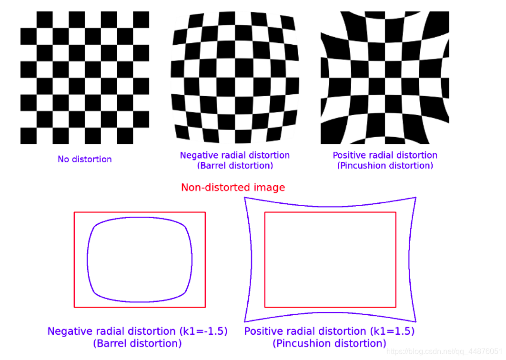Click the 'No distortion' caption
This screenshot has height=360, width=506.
tap(85, 159)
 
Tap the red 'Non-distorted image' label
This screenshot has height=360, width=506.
tap(233, 187)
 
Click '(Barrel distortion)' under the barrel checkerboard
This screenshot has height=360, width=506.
tap(235, 166)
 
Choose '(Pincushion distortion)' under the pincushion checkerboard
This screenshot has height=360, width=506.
tap(385, 166)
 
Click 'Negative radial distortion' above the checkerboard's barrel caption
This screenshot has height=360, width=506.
tap(235, 155)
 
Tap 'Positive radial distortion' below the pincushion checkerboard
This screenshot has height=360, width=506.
tap(385, 155)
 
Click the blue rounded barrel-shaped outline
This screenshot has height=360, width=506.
tap(87, 260)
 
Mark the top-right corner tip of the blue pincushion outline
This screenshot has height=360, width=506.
tap(416, 197)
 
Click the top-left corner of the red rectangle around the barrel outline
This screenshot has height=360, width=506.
tap(74, 212)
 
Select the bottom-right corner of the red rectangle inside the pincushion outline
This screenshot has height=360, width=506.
tap(396, 307)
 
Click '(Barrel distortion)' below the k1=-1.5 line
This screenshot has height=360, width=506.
tap(137, 343)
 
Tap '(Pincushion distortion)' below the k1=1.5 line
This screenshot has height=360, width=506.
tap(329, 343)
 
